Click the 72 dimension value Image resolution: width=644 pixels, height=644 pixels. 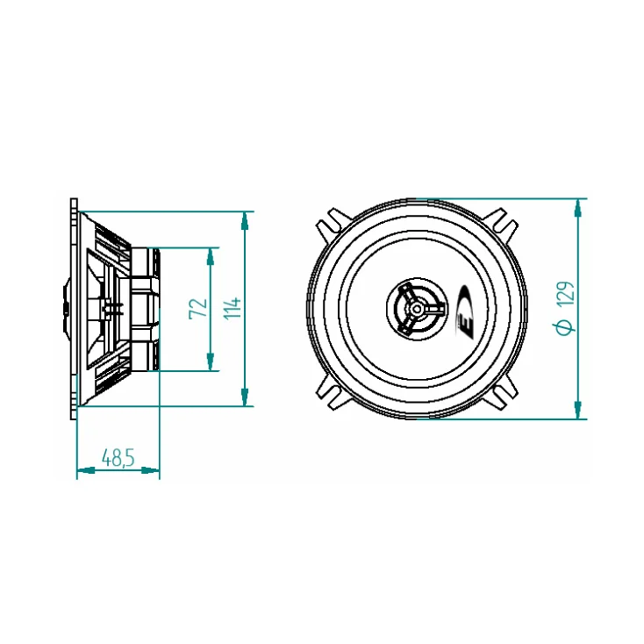tap(198, 308)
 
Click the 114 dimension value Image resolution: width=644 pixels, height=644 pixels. tap(232, 308)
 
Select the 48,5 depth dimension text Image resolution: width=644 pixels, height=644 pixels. tap(118, 457)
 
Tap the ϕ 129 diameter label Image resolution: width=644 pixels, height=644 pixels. tap(566, 308)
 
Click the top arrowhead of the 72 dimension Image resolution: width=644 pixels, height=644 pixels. tap(210, 254)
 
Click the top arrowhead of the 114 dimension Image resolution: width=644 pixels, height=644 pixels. tap(244, 218)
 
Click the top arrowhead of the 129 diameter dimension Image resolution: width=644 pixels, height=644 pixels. tap(577, 206)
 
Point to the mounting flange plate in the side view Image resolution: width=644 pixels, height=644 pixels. tap(73, 308)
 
